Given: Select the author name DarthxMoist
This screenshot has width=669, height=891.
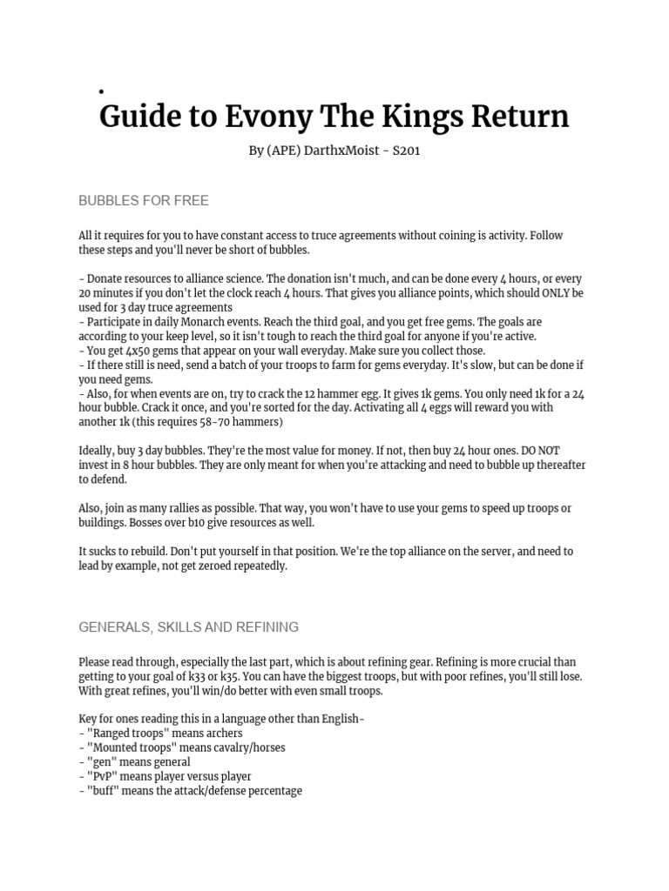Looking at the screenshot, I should pos(341,151).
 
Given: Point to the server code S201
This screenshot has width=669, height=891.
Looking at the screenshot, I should pos(406,151).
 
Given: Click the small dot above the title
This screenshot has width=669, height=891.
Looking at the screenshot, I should pos(102,90).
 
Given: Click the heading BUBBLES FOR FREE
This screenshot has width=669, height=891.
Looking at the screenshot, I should pos(144,201).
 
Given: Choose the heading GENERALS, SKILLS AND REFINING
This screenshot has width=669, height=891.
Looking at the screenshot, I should pos(189,626).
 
